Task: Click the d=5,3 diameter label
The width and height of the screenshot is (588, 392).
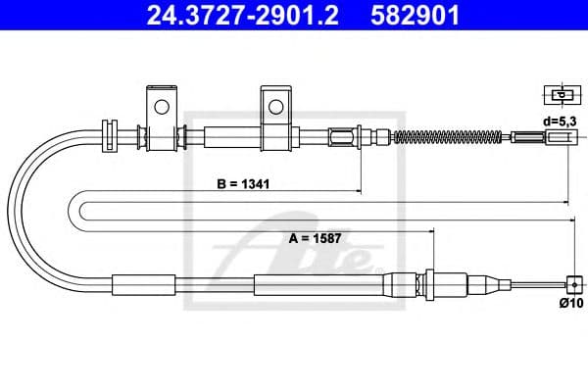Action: pos(560,121)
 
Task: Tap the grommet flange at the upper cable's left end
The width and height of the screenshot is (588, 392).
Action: pos(108,134)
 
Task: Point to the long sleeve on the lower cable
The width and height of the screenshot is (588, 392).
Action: pos(318,284)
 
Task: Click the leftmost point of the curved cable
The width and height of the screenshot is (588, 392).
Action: pos(10,211)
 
